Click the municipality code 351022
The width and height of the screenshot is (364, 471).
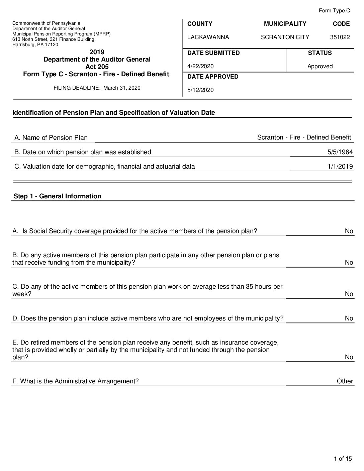click(x=340, y=37)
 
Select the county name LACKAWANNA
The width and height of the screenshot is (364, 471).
click(x=208, y=37)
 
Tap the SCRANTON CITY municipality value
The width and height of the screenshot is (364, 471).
click(x=285, y=37)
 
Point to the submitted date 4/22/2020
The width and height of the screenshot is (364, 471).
click(x=200, y=66)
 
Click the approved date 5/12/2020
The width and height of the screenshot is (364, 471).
click(x=200, y=90)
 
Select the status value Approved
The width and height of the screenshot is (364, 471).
click(x=320, y=66)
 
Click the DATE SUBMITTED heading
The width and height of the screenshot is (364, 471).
click(x=213, y=53)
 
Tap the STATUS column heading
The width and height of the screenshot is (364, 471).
click(x=320, y=53)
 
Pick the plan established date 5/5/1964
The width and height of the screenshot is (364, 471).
click(x=340, y=152)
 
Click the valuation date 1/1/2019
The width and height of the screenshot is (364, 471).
click(x=340, y=167)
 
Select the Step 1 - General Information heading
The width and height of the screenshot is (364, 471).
click(x=57, y=196)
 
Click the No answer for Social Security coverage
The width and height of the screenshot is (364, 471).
click(x=349, y=231)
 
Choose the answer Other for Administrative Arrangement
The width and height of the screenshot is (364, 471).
click(x=345, y=381)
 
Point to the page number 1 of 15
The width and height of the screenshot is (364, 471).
click(x=343, y=459)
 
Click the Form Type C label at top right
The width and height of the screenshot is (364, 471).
click(x=334, y=11)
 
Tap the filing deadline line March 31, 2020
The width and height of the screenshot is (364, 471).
click(x=97, y=88)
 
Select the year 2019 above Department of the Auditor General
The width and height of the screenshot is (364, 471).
click(x=97, y=52)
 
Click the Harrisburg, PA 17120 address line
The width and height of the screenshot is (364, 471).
click(x=35, y=44)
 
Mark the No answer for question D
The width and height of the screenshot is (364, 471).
click(x=349, y=318)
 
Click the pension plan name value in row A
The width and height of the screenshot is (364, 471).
click(x=304, y=137)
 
